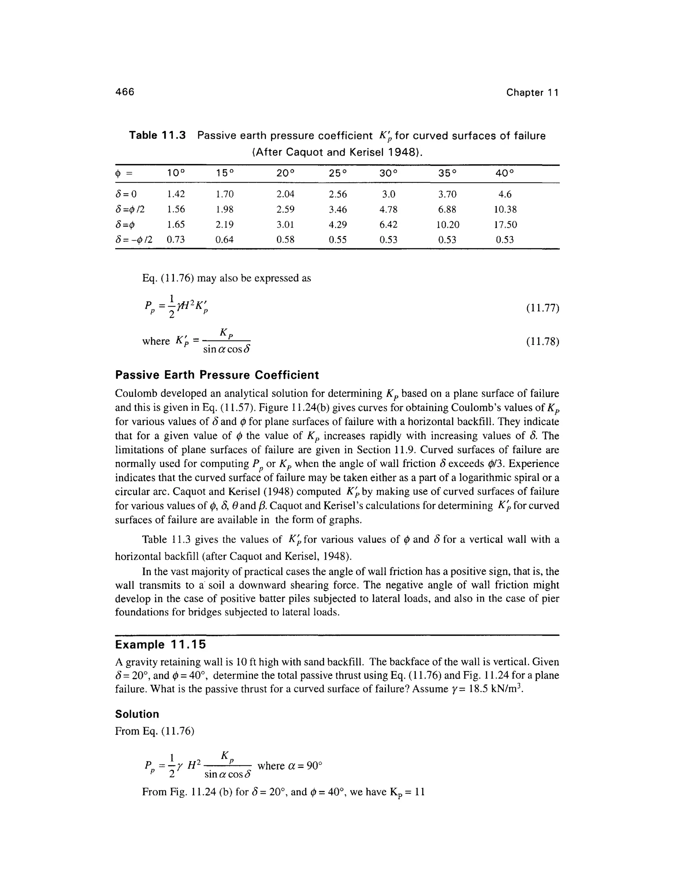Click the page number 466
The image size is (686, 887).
tap(124, 92)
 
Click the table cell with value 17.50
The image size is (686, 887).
tap(505, 225)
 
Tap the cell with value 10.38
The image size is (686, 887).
tap(505, 210)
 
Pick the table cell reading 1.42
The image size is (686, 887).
tap(176, 194)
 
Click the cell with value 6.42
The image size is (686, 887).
tap(388, 225)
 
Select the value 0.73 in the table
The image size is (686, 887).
tap(176, 240)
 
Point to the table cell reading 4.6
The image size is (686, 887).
tap(505, 194)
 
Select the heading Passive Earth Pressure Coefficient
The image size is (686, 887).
tap(217, 375)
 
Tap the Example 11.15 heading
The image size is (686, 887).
tap(160, 645)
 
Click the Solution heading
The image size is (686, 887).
tap(137, 714)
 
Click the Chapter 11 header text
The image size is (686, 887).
tap(532, 93)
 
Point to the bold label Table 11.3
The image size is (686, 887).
tap(157, 136)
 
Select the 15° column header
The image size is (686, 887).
tap(225, 173)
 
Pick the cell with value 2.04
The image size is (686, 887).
tap(285, 194)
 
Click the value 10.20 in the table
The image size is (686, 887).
tap(447, 225)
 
